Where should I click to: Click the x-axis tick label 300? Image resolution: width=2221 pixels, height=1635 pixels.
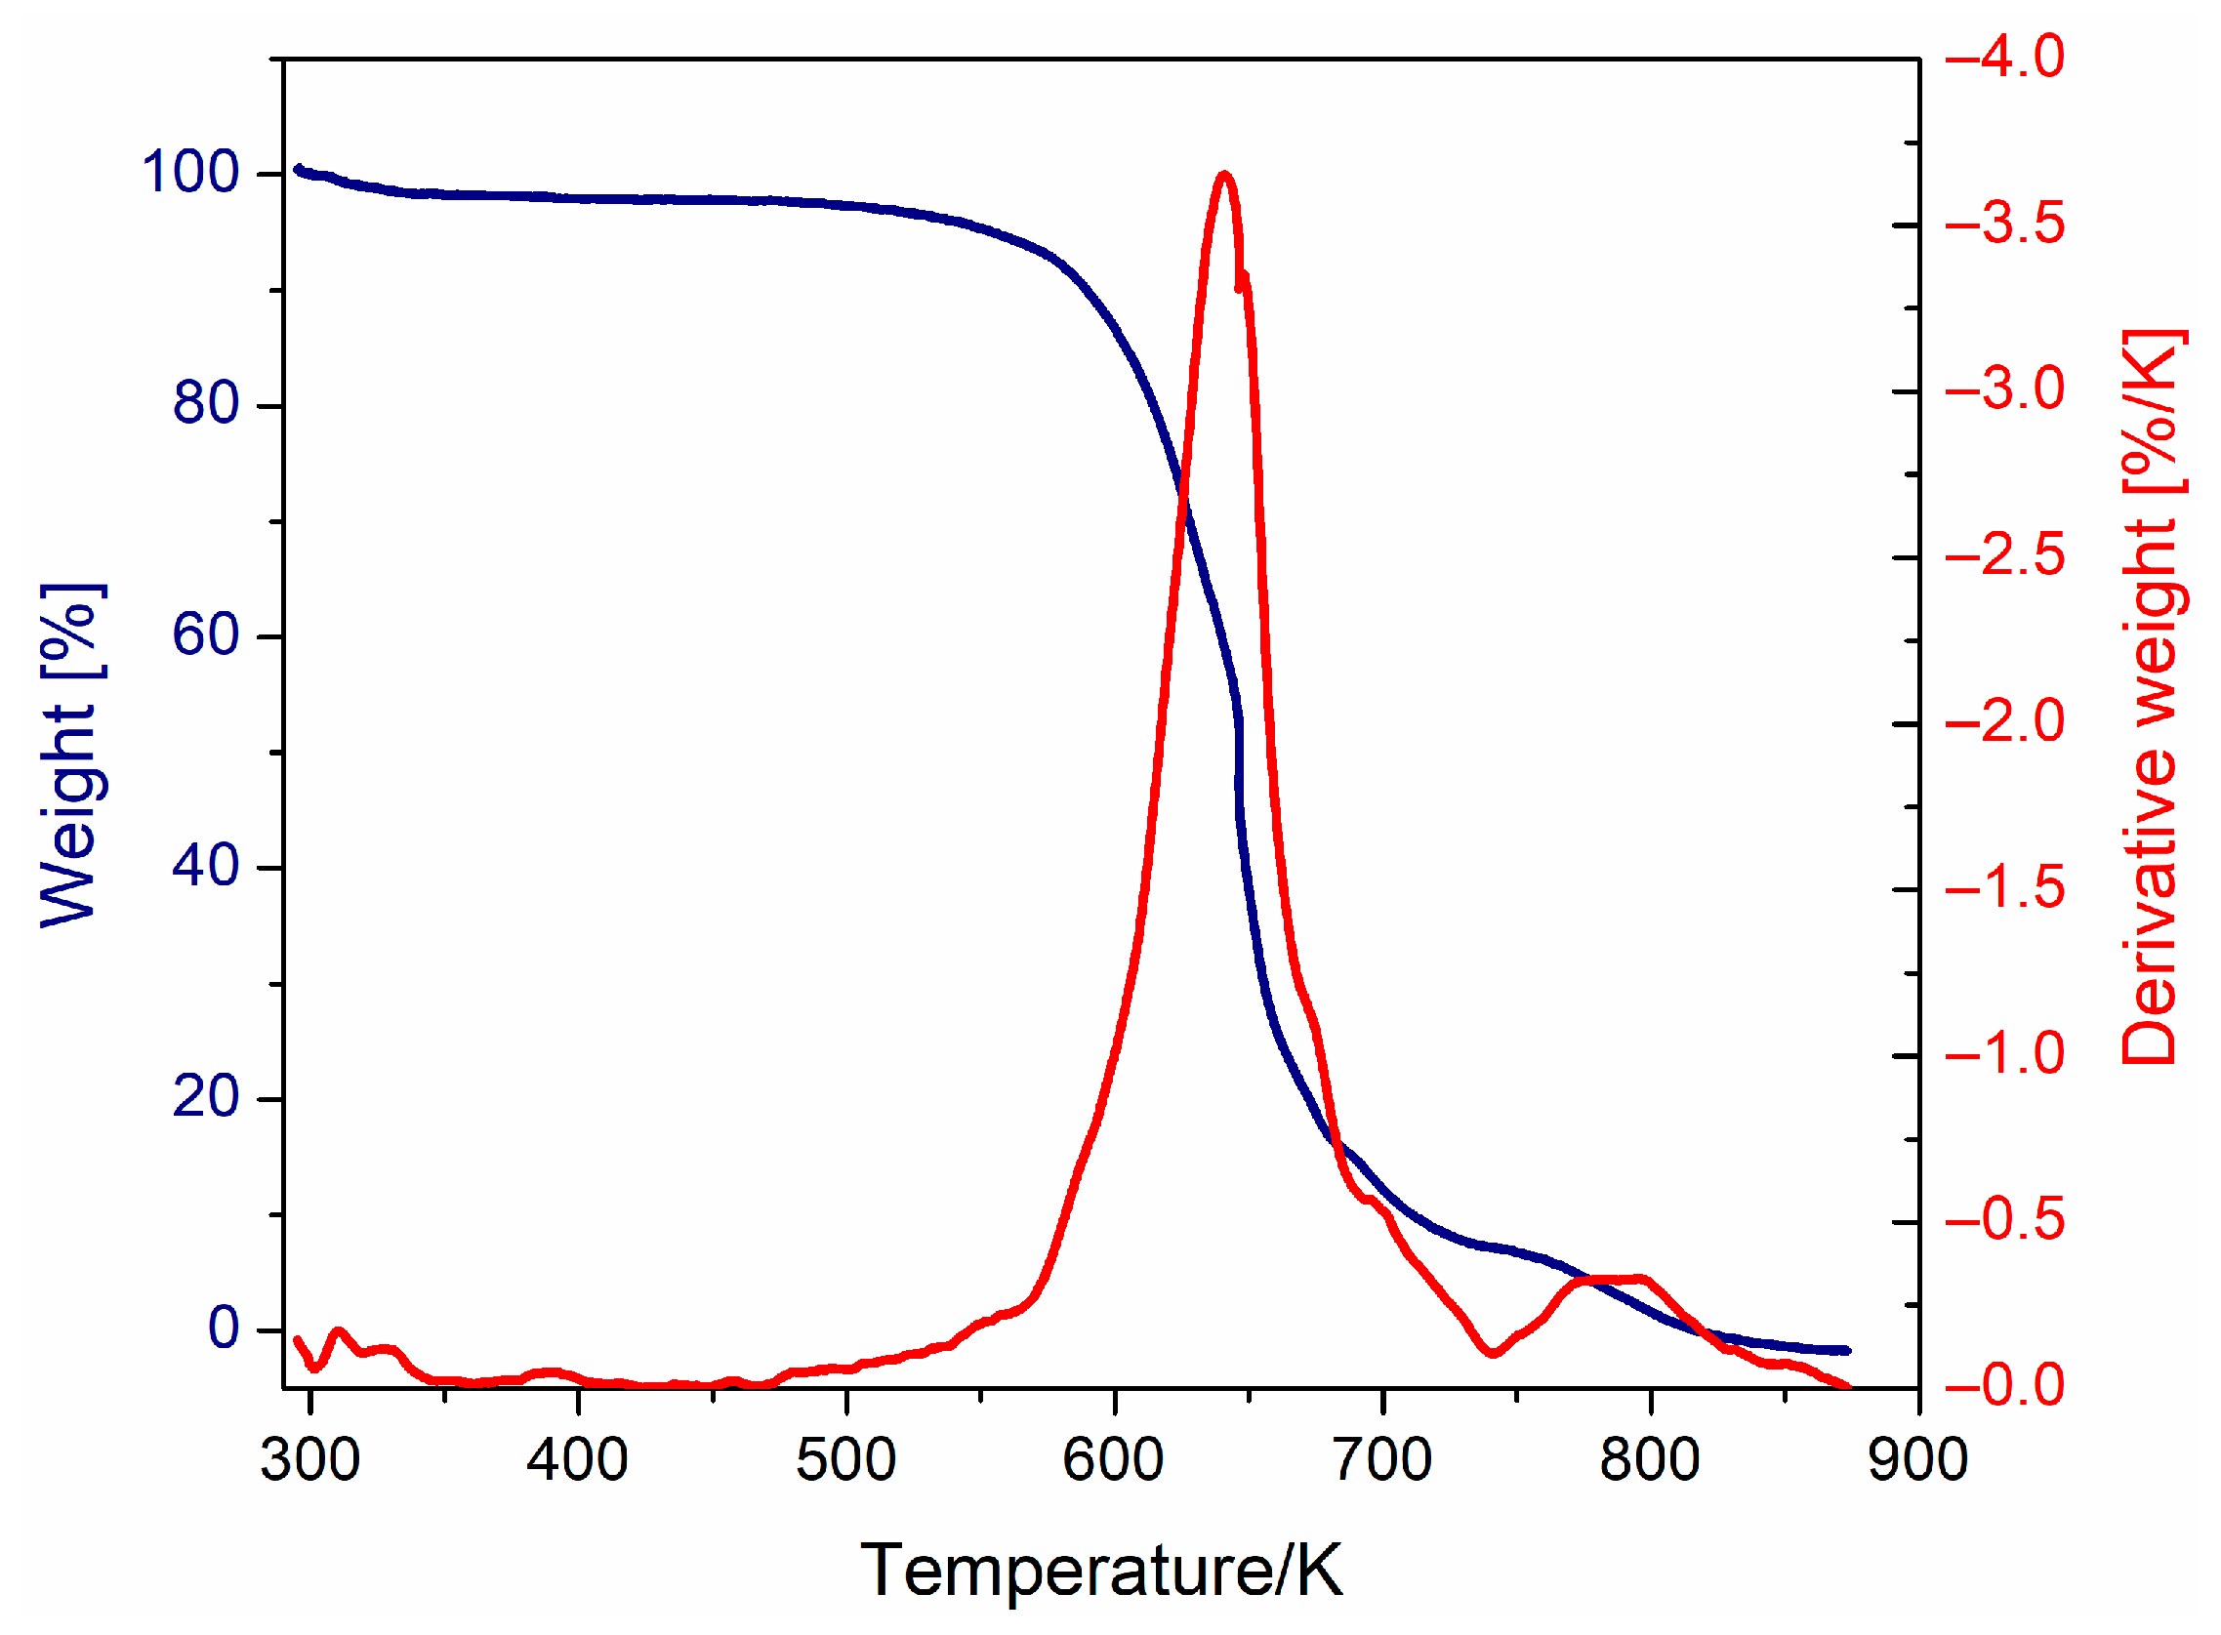(x=309, y=1460)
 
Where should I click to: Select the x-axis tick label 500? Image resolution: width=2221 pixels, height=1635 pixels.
(x=846, y=1460)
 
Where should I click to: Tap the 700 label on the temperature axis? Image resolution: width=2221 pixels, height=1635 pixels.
(x=1381, y=1460)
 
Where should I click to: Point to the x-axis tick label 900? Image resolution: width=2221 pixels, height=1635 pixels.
(x=1918, y=1460)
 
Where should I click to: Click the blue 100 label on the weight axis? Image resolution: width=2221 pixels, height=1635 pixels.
(x=190, y=172)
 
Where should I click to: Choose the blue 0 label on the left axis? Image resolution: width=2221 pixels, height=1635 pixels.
(x=223, y=1328)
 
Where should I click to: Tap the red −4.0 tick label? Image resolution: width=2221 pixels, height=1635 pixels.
(x=2005, y=57)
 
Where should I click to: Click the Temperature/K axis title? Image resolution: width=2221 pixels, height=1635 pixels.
(x=1100, y=1571)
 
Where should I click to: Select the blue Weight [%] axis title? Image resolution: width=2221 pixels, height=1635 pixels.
(x=71, y=756)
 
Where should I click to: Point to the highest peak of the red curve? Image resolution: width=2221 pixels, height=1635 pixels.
(x=1225, y=174)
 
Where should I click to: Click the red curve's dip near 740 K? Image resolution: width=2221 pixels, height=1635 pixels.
(x=1494, y=1353)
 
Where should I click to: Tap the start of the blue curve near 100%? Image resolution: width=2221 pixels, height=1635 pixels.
(x=298, y=169)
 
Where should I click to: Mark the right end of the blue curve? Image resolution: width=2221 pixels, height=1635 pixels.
(x=1846, y=1350)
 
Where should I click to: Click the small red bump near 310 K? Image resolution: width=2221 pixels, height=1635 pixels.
(x=338, y=1332)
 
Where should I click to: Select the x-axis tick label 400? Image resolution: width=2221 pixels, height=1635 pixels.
(x=578, y=1460)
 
